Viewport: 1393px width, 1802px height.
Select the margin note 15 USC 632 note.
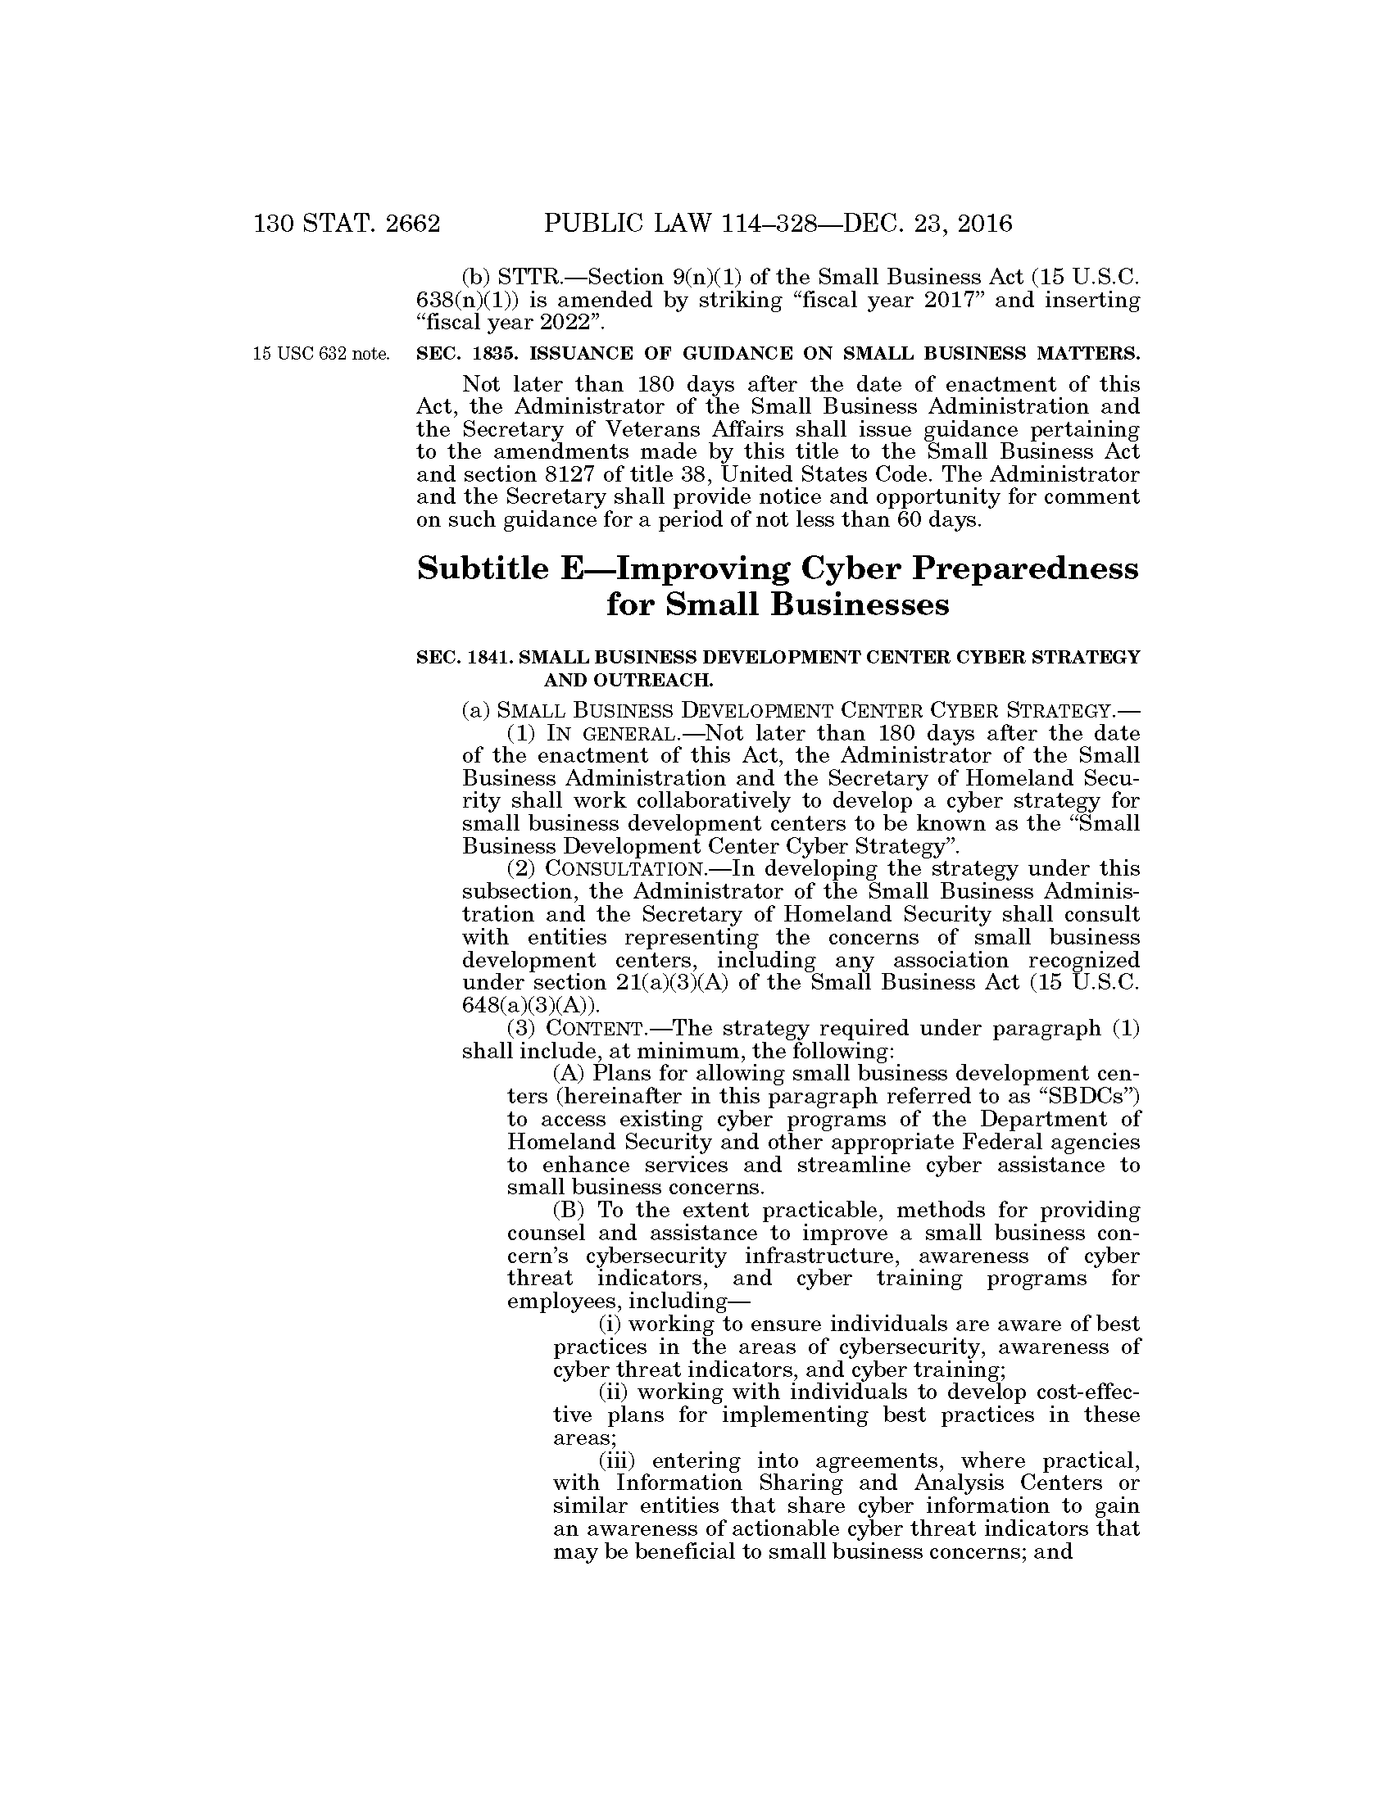coord(321,354)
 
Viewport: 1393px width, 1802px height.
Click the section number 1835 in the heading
coord(496,354)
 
